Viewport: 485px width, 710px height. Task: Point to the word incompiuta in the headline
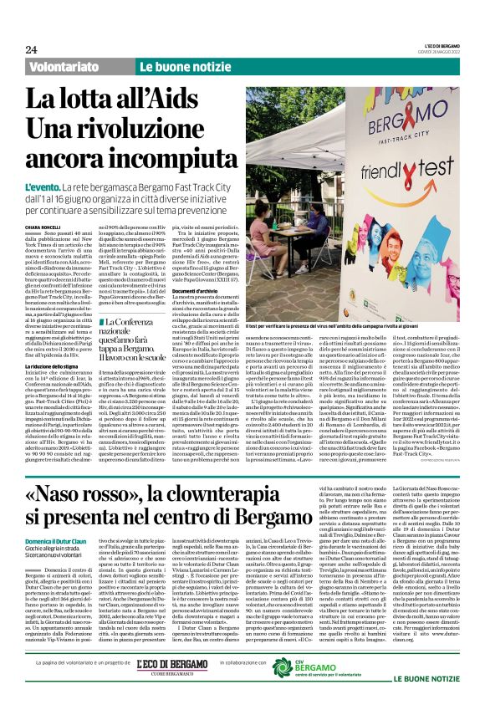[158, 156]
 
